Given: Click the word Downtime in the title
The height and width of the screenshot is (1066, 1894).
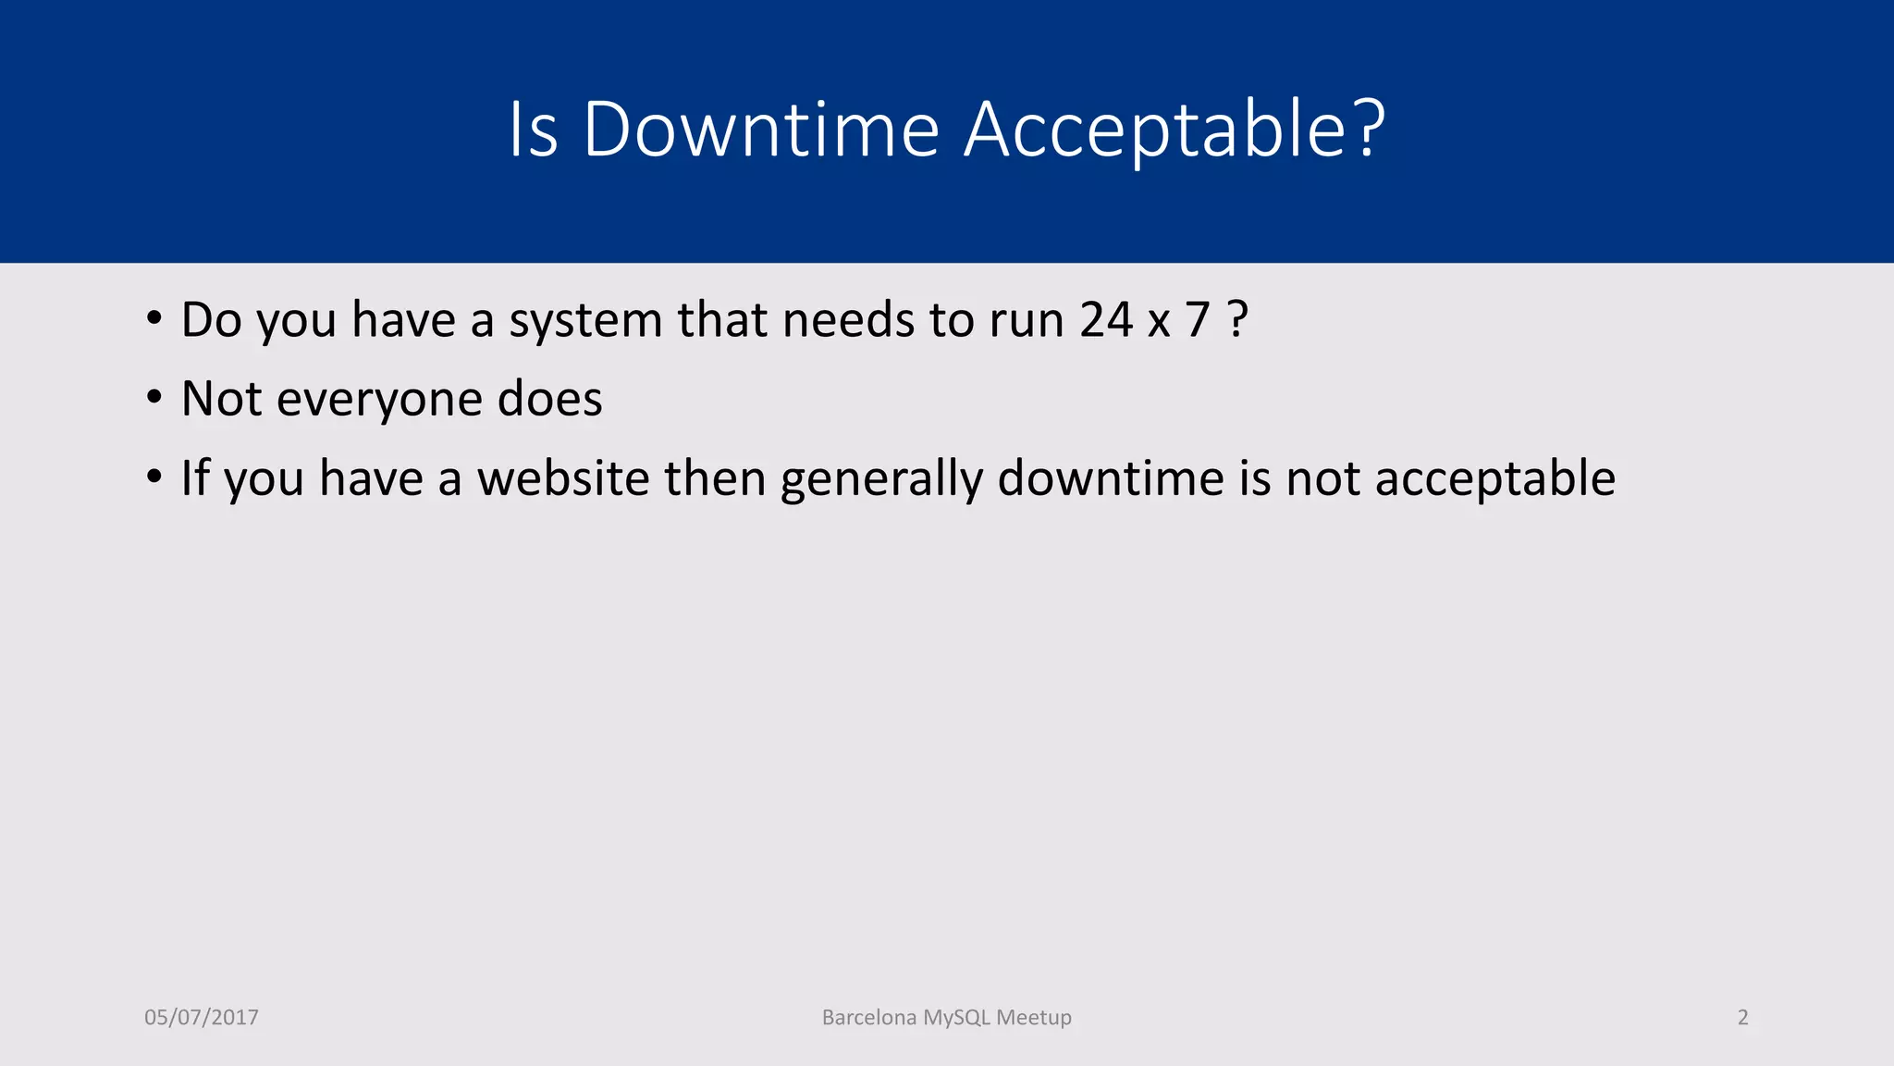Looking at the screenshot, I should (x=761, y=130).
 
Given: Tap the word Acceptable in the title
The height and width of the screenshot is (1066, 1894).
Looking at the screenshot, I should (x=1175, y=130).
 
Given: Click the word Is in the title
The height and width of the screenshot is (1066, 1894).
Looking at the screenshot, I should (x=534, y=130).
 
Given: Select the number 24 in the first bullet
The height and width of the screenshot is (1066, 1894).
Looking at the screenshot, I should (x=1106, y=320).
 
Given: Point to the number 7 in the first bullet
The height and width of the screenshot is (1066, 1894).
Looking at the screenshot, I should (x=1198, y=320).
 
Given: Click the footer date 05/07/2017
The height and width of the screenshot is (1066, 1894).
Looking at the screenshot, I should (x=202, y=1018).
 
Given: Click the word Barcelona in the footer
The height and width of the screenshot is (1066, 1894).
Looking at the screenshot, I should (x=869, y=1018).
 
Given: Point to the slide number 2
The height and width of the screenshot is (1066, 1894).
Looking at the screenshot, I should (x=1742, y=1018).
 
